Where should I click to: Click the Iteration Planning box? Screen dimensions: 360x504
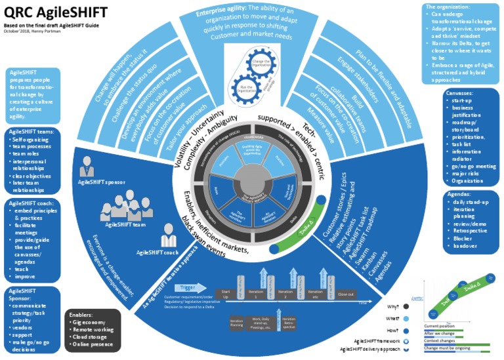[x=238, y=322]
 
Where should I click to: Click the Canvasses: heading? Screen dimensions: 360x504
[x=463, y=94]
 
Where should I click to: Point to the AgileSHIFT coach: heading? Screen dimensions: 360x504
[x=29, y=203]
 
